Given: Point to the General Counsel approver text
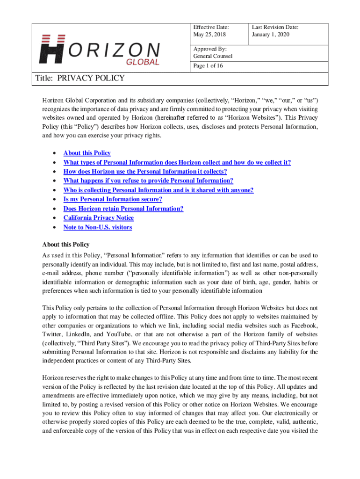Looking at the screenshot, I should pyautogui.click(x=213, y=56).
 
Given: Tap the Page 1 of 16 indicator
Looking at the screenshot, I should pyautogui.click(x=208, y=66).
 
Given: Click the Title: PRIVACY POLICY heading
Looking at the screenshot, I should pyautogui.click(x=80, y=78).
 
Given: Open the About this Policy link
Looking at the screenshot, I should pyautogui.click(x=87, y=153).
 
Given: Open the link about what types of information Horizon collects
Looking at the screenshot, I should pyautogui.click(x=177, y=162).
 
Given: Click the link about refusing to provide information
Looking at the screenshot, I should pyautogui.click(x=148, y=181).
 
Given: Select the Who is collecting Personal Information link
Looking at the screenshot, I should pyautogui.click(x=158, y=190).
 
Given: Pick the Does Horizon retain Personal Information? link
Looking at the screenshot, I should pyautogui.click(x=123, y=209).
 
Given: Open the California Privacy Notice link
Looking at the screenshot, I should pyautogui.click(x=98, y=218).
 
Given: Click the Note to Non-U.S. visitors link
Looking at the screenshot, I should pyautogui.click(x=97, y=227).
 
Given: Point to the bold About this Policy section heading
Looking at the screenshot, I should pyautogui.click(x=65, y=244).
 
